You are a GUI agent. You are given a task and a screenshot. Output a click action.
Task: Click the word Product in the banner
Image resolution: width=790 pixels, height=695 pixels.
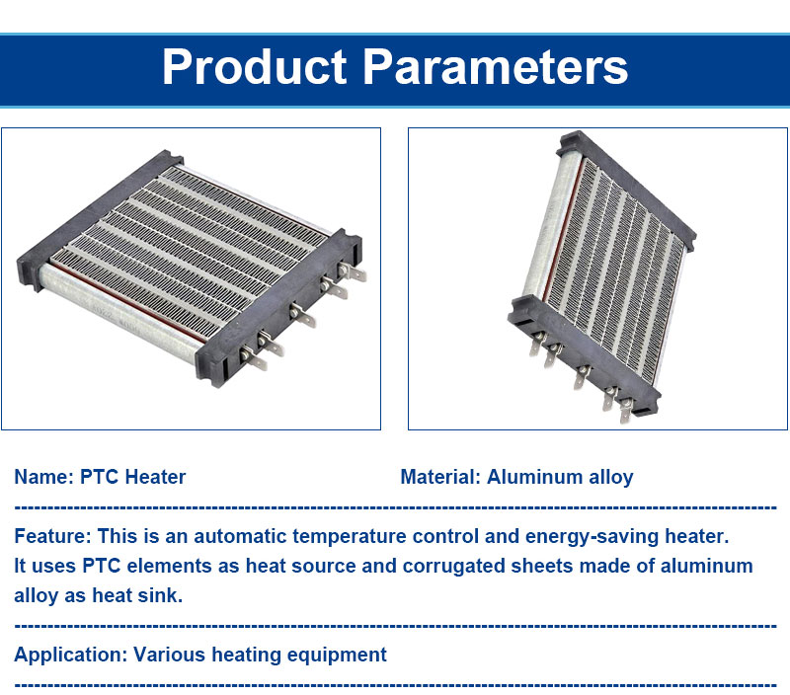(255, 66)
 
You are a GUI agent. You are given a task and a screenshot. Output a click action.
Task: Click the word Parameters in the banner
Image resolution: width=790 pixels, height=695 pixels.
(496, 66)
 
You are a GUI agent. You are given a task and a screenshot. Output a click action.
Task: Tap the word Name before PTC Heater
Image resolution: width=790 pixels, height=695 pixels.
(44, 477)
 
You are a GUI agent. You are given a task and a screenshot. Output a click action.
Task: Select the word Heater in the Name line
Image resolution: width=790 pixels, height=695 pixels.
(155, 477)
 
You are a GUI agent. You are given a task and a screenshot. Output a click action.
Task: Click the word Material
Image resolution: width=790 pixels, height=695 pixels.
(440, 477)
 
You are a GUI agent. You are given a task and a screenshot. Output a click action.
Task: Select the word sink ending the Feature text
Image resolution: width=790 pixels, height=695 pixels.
(163, 595)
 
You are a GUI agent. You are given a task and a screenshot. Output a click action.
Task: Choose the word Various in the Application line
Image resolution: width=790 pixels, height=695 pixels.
(169, 655)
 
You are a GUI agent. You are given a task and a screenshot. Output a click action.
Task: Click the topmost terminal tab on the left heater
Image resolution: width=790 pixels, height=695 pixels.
(353, 271)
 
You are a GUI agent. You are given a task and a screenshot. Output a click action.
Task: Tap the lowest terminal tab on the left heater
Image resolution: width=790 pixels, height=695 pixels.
(254, 357)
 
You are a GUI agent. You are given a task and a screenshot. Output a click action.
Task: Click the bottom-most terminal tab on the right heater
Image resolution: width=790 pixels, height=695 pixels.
(626, 410)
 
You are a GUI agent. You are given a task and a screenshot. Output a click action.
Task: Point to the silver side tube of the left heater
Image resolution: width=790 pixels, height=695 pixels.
(119, 313)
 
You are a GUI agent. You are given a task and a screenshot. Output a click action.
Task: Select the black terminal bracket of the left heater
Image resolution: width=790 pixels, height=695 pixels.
(278, 308)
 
